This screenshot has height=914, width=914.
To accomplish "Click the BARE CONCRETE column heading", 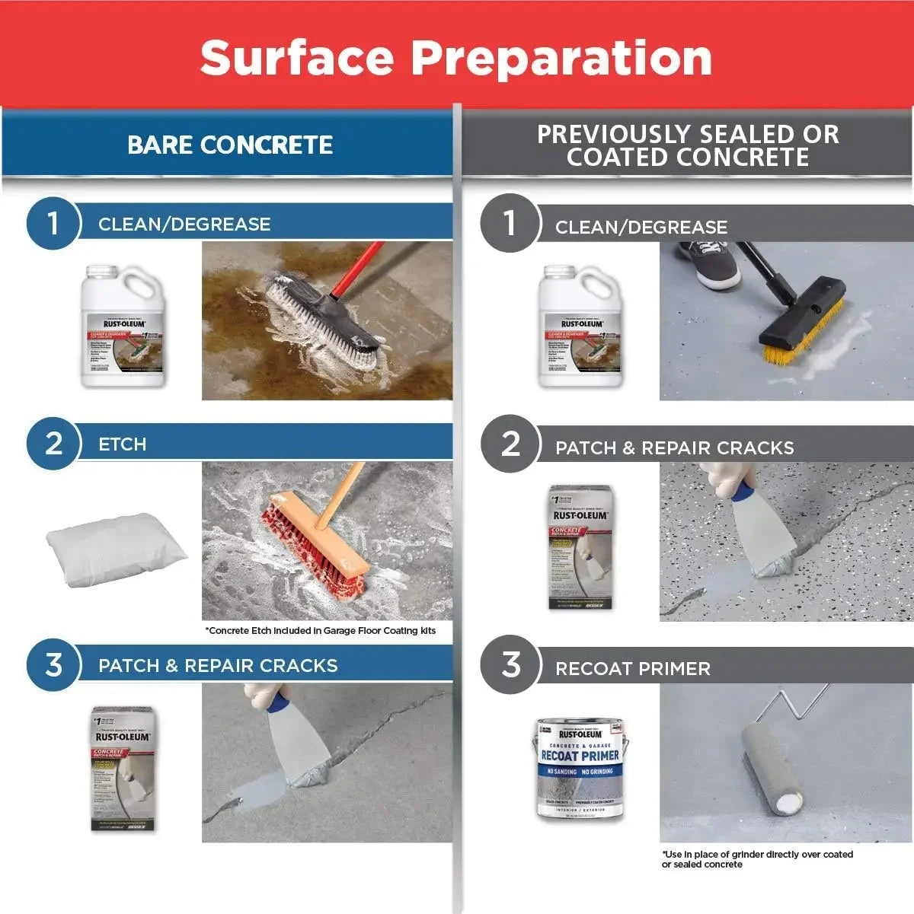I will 229,145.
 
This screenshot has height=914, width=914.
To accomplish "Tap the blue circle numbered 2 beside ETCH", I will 53,444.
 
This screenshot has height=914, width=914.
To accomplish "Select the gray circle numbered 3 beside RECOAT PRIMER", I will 510,664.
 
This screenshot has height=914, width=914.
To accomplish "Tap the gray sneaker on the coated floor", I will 708,263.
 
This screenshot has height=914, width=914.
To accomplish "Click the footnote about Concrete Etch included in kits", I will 320,631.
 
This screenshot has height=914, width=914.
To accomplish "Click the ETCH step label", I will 122,444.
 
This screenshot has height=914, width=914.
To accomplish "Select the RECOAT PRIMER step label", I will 632,669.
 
